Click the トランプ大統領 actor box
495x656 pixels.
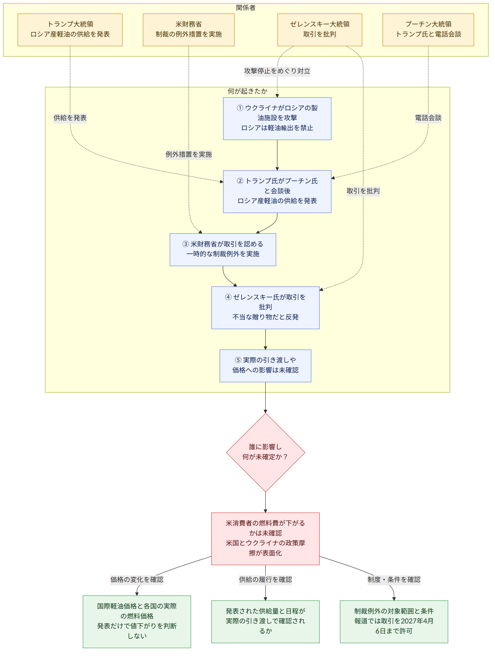70,30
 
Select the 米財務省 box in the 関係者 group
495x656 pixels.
189,30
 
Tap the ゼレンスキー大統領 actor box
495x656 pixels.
320,30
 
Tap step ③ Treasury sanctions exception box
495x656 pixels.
223,250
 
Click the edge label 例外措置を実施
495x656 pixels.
189,154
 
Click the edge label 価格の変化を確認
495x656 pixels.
137,580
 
